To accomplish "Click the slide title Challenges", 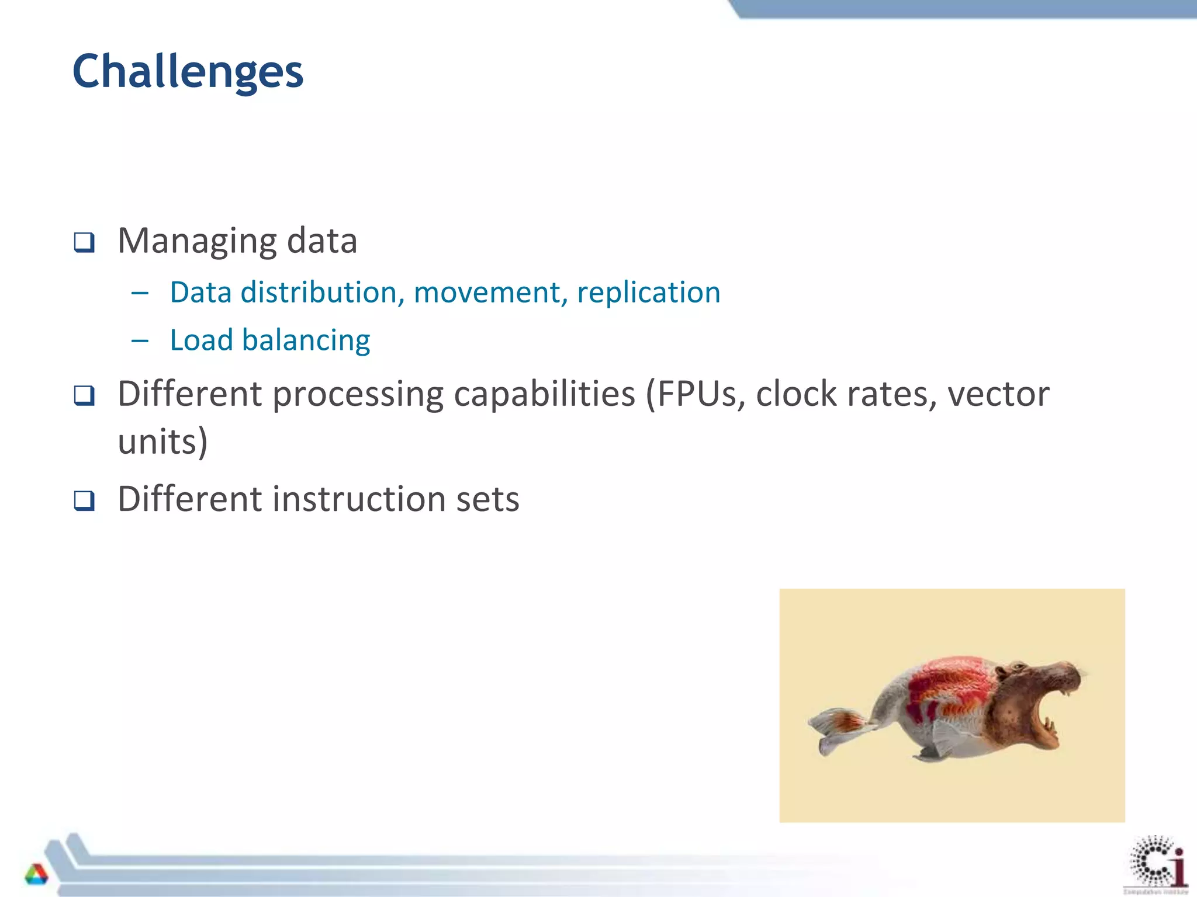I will tap(188, 71).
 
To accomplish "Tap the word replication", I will tap(649, 293).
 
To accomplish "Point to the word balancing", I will tap(306, 340).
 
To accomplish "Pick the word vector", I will tap(998, 394).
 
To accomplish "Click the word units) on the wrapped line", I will tap(163, 441).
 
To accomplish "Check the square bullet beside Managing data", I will tap(84, 242).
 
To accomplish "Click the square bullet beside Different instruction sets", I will tap(84, 500).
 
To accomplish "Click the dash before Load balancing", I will tap(140, 340).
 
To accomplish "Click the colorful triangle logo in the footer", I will tap(36, 874).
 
